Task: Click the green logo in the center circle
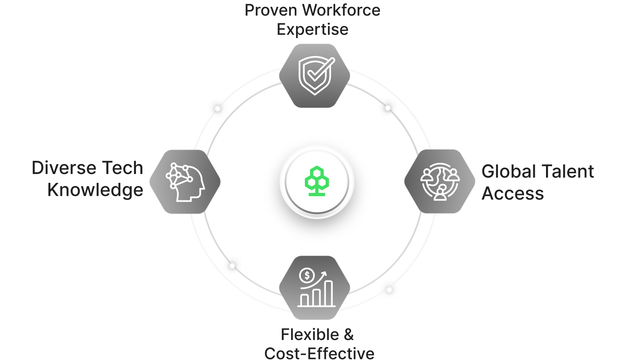click(317, 181)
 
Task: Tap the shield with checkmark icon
click(315, 75)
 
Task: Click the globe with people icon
click(440, 181)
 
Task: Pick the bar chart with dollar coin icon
click(316, 288)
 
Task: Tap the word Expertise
click(312, 30)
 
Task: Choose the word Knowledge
click(95, 190)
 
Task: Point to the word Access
click(512, 194)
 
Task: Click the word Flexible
click(310, 335)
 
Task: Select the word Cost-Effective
click(319, 353)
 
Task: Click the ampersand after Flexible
click(349, 335)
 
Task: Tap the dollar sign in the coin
click(307, 275)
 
